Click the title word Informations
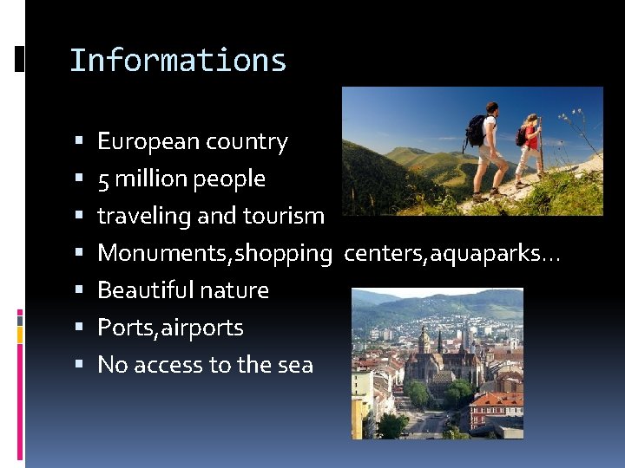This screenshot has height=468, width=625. click(177, 61)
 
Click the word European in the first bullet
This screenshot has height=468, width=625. click(141, 141)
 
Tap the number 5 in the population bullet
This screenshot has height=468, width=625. click(103, 179)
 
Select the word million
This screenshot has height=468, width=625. click(151, 179)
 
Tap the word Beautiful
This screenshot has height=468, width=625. click(140, 290)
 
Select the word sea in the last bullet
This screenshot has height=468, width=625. click(295, 365)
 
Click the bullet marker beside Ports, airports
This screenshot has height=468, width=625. click(79, 328)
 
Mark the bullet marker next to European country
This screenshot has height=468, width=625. click(79, 141)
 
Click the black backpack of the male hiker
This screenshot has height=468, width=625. click(476, 130)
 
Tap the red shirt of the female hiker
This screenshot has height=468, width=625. click(531, 136)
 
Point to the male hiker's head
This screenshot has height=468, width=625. click(492, 108)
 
